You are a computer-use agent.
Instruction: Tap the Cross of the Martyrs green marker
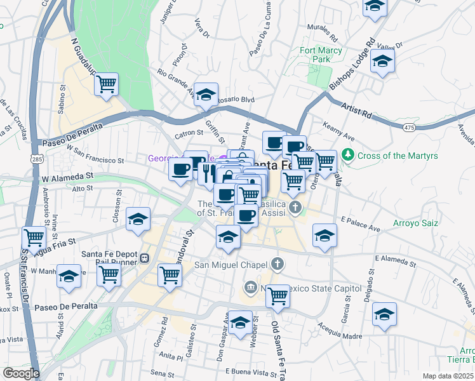347,154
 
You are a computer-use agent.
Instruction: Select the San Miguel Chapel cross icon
277,264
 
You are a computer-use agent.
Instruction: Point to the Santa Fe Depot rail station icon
145,258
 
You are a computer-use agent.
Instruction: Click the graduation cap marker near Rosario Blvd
206,95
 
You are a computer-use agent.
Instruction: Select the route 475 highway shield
409,128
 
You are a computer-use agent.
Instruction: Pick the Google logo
21,373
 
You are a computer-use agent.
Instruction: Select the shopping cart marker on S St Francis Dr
34,238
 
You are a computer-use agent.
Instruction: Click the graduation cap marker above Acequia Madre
384,314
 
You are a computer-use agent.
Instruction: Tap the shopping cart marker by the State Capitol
278,295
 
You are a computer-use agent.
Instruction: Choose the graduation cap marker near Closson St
138,220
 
